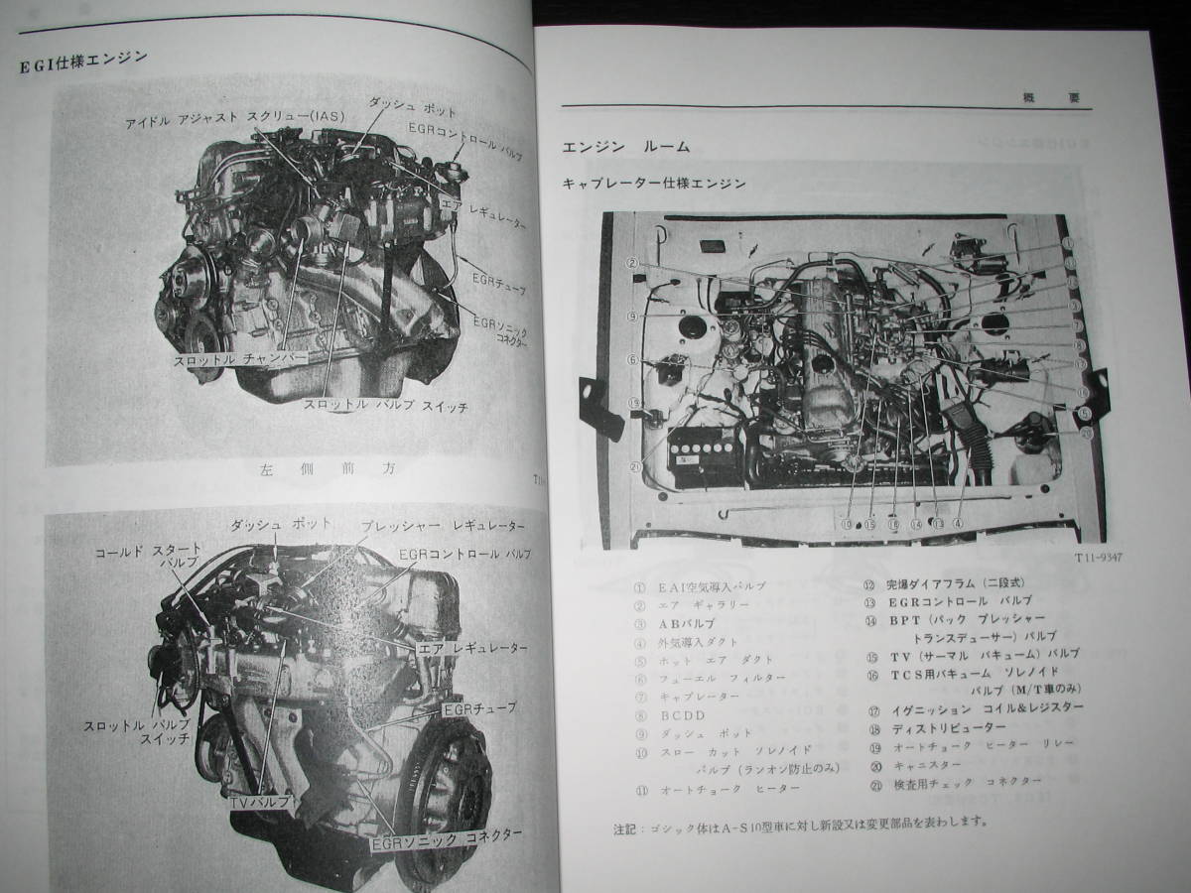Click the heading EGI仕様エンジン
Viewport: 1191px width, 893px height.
click(84, 62)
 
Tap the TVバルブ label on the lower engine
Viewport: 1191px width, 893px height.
click(260, 800)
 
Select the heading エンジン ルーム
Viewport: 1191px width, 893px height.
click(625, 147)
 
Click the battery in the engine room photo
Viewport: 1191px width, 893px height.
click(707, 456)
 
